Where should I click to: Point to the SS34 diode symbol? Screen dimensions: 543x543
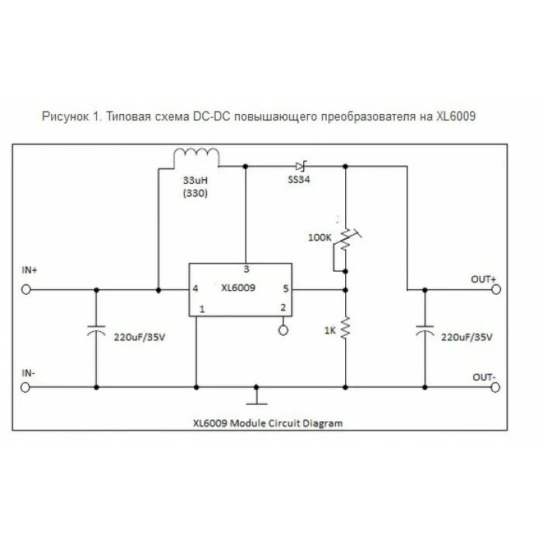(301, 165)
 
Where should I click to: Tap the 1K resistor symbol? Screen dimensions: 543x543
(345, 328)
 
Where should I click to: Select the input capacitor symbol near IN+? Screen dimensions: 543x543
(96, 332)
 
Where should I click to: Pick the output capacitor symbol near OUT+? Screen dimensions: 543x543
(424, 332)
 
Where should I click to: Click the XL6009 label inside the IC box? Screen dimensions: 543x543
(238, 288)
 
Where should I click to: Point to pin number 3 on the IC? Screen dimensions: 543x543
(246, 270)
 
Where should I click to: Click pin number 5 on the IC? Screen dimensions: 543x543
(285, 289)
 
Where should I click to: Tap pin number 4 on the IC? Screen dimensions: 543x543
(195, 289)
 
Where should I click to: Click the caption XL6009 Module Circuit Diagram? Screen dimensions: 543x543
(267, 424)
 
